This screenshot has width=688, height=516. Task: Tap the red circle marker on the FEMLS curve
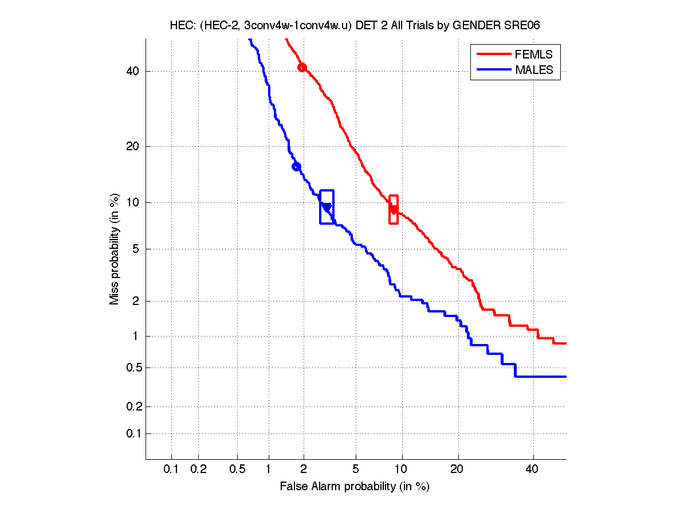coord(302,68)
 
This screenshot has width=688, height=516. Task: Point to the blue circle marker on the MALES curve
coord(296,167)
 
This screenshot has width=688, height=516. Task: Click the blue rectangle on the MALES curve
coord(327,206)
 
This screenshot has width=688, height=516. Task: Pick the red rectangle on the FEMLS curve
coord(394,209)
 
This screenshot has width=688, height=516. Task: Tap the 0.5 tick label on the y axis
coord(131,368)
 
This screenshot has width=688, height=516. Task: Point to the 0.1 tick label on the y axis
coord(131,433)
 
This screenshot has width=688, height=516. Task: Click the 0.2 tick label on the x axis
coord(198,470)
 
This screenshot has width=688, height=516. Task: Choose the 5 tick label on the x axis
coord(356,470)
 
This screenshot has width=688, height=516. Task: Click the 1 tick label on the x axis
coord(269,470)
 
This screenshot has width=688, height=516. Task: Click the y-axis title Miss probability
coord(115,248)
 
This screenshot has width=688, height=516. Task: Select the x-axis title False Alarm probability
coord(355,487)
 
